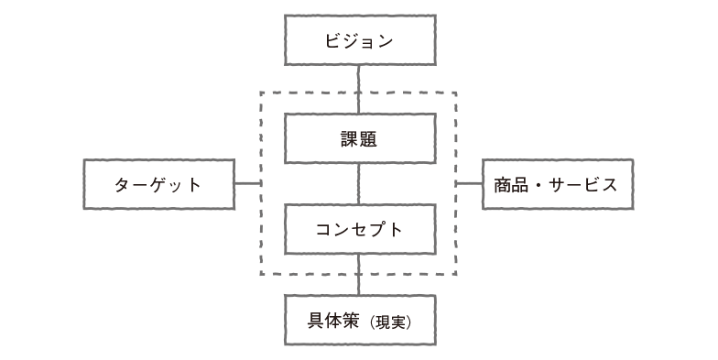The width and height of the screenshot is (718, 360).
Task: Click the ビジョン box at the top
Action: point(358,41)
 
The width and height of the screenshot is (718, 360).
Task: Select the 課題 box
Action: point(358,139)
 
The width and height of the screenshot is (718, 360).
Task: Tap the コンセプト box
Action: point(358,229)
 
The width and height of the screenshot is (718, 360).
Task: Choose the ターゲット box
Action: point(158,184)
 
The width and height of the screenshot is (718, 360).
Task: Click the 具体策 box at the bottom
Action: point(358,321)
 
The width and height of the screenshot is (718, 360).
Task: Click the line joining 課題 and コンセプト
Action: point(358,184)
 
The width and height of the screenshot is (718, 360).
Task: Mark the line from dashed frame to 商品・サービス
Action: point(469,184)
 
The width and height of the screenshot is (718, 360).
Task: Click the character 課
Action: point(349,139)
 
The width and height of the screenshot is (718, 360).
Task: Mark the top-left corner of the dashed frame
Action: point(261,93)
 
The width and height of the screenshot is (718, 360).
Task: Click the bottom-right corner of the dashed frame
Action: point(456,275)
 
